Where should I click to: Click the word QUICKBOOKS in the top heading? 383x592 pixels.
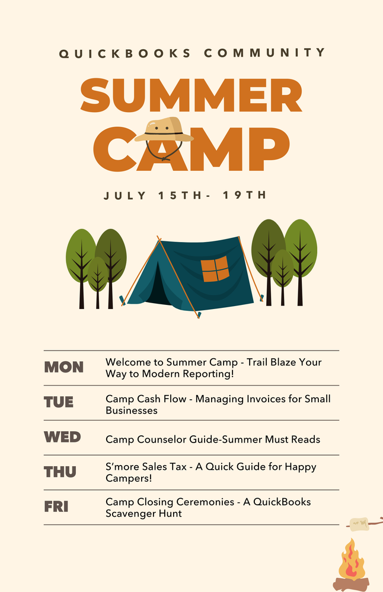pyautogui.click(x=125, y=53)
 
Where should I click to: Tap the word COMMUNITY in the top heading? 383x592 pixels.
pyautogui.click(x=265, y=53)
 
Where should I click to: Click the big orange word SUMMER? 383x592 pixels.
pyautogui.click(x=191, y=97)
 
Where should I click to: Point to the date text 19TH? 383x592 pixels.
pyautogui.click(x=244, y=196)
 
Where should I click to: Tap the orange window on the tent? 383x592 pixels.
pyautogui.click(x=215, y=269)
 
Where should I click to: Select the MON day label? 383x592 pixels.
pyautogui.click(x=64, y=367)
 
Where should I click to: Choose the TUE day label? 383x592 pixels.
pyautogui.click(x=59, y=402)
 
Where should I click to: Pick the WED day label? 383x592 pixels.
pyautogui.click(x=62, y=437)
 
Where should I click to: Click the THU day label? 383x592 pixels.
pyautogui.click(x=60, y=472)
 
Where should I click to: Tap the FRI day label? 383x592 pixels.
pyautogui.click(x=56, y=507)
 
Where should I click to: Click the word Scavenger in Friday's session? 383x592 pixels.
pyautogui.click(x=129, y=514)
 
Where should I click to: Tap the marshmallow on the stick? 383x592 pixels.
pyautogui.click(x=358, y=524)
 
